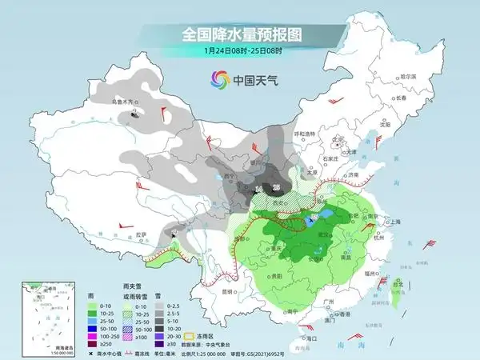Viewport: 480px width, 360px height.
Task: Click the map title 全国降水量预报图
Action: (239, 34)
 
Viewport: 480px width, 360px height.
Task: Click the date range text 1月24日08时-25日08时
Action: (239, 50)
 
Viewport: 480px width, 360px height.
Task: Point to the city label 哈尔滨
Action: (408, 76)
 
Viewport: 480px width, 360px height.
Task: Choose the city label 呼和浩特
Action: (306, 134)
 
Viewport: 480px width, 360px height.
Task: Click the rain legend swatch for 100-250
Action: (94, 336)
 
